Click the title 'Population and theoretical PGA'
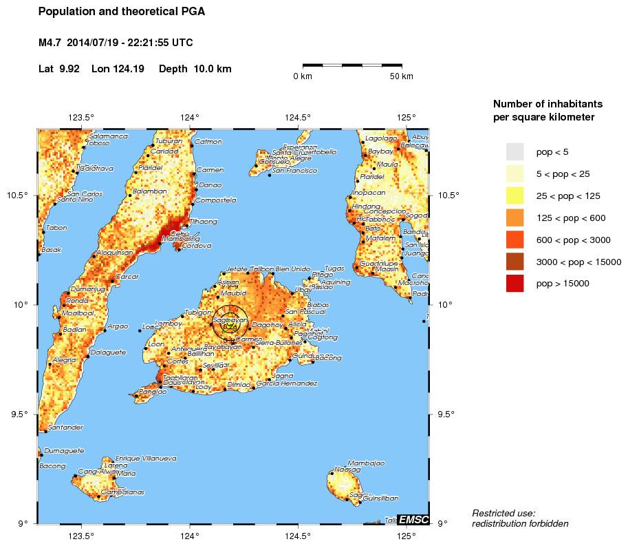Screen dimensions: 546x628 pyautogui.click(x=122, y=12)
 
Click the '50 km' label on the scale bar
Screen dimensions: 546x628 pyautogui.click(x=401, y=76)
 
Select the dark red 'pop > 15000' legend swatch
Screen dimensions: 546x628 pyautogui.click(x=515, y=283)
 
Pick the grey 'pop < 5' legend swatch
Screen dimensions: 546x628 pyautogui.click(x=515, y=151)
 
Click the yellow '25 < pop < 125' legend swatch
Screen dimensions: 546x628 pyautogui.click(x=515, y=196)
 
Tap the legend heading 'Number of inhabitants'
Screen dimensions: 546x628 pyautogui.click(x=548, y=104)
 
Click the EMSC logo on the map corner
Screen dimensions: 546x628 pyautogui.click(x=414, y=519)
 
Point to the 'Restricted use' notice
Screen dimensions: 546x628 pyautogui.click(x=504, y=513)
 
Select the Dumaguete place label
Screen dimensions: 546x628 pyautogui.click(x=64, y=451)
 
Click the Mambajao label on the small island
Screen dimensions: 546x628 pyautogui.click(x=366, y=463)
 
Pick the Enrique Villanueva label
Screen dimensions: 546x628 pyautogui.click(x=146, y=458)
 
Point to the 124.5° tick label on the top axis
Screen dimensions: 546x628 pyautogui.click(x=298, y=117)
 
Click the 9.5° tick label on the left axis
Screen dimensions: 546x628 pyautogui.click(x=20, y=414)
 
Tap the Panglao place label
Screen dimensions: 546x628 pyautogui.click(x=153, y=391)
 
